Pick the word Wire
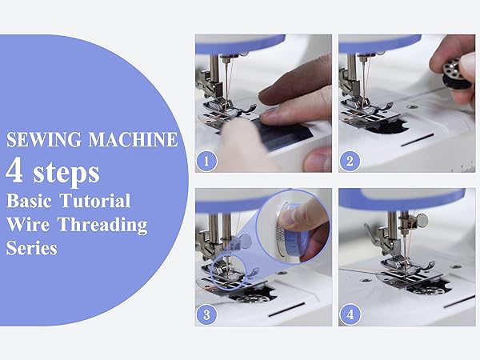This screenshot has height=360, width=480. pos(28,225)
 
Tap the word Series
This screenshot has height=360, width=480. pos(31,249)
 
